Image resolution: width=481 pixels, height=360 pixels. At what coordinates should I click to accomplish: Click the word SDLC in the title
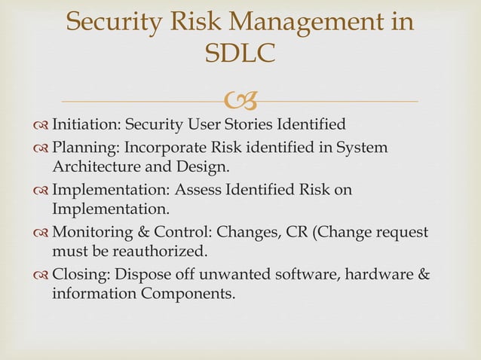tap(240, 53)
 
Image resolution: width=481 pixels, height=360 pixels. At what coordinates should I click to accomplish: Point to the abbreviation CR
tap(296, 232)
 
